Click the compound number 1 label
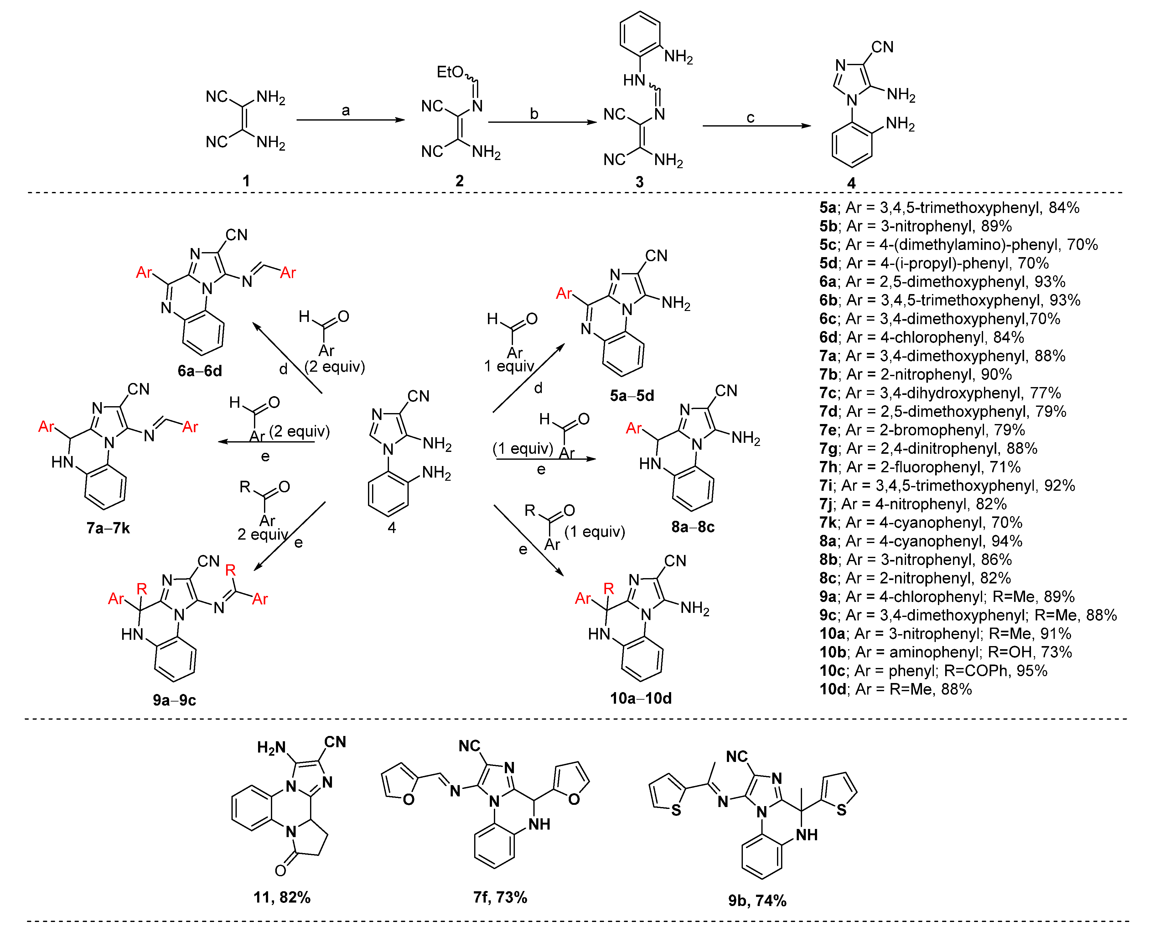click(246, 181)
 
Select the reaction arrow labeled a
click(350, 120)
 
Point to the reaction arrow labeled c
click(756, 126)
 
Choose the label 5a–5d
click(632, 396)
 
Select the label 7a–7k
click(108, 528)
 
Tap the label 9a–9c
click(174, 700)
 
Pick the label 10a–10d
click(641, 698)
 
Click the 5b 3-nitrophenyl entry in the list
click(915, 226)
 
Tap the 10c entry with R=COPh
click(933, 671)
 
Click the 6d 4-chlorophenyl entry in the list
click(921, 337)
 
